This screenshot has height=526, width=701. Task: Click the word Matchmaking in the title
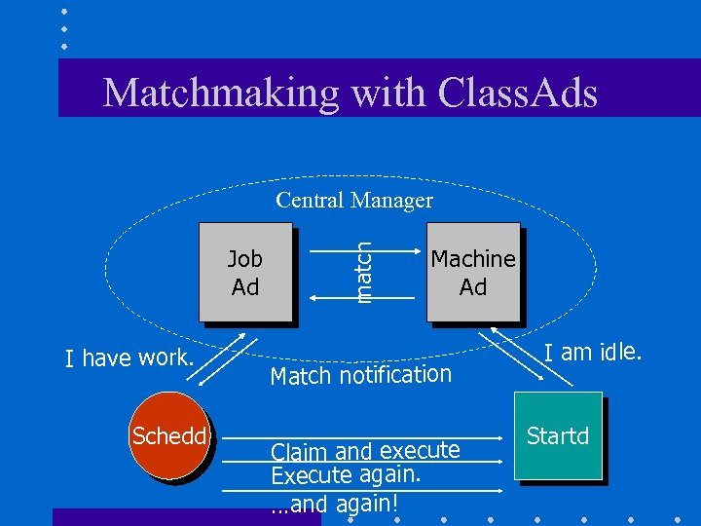(x=220, y=93)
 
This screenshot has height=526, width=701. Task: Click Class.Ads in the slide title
(x=518, y=93)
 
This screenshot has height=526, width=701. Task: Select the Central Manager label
(x=354, y=201)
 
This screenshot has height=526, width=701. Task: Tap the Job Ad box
(x=245, y=273)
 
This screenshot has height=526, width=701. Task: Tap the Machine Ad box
(x=473, y=273)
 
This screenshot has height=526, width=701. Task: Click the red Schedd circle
(x=169, y=435)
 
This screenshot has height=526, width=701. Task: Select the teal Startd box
(x=558, y=436)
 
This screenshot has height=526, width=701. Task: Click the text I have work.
(x=130, y=358)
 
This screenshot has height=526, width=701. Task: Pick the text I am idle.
(x=592, y=352)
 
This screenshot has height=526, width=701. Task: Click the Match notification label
(x=361, y=375)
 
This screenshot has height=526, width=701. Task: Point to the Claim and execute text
(x=365, y=451)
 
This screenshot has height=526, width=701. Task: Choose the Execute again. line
(x=346, y=474)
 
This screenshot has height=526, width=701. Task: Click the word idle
(x=619, y=352)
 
